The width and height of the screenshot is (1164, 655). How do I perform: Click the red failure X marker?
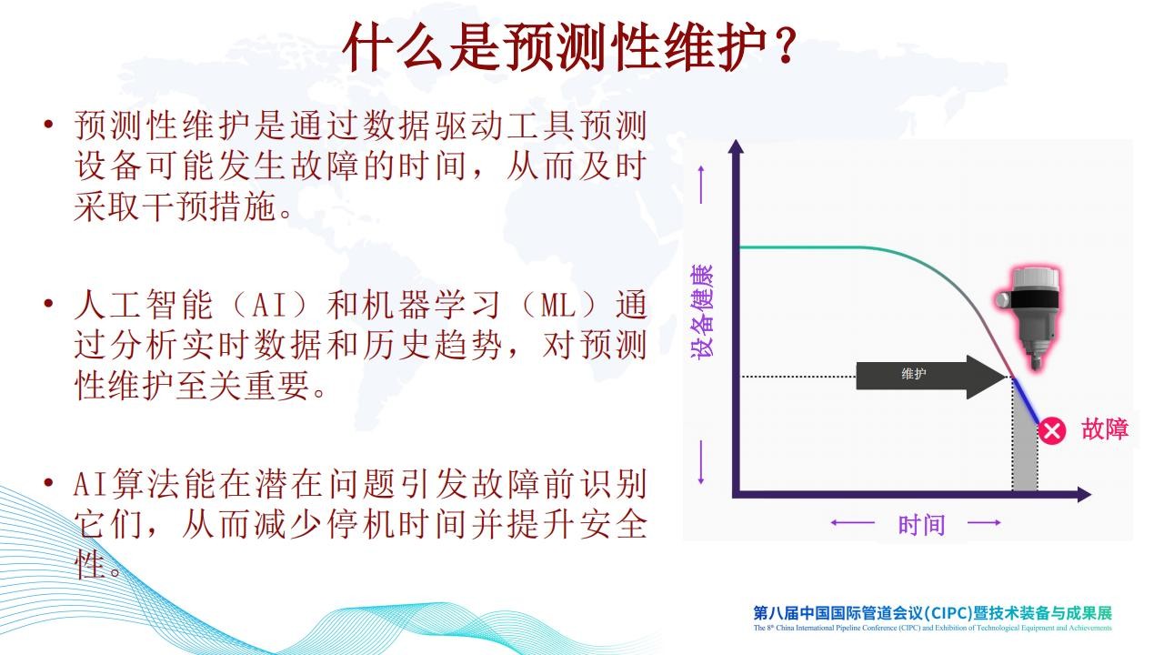[x=1051, y=431]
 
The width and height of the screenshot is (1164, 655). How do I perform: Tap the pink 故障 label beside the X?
[x=1105, y=429]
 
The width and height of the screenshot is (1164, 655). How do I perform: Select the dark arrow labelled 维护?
[x=930, y=377]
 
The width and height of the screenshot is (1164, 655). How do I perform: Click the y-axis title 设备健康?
[x=702, y=311]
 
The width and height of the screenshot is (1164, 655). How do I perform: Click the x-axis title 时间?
[x=922, y=525]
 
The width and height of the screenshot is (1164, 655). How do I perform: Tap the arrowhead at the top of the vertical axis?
[x=736, y=146]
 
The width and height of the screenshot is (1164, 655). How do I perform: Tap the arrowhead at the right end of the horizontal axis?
[x=1084, y=494]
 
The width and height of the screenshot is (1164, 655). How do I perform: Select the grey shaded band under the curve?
[x=1025, y=447]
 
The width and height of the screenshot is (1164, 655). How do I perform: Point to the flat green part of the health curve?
[x=810, y=247]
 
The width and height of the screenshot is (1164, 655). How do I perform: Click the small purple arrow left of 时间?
[x=852, y=522]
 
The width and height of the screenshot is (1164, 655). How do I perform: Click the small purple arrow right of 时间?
[x=984, y=522]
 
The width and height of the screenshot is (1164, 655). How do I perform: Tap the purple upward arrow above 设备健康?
[x=701, y=185]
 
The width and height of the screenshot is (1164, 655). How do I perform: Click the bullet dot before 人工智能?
[x=49, y=303]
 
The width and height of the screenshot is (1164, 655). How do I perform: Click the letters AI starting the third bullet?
[x=90, y=484]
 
